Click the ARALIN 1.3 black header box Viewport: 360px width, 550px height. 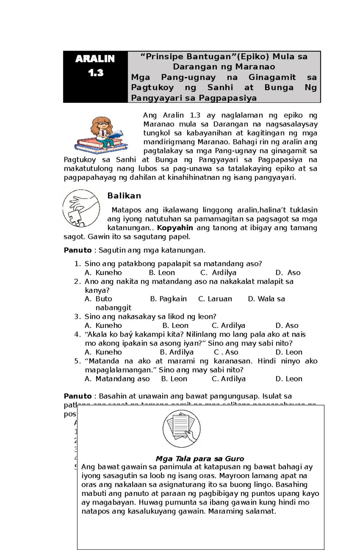click(95, 77)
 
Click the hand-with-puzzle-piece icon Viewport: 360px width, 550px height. click(81, 208)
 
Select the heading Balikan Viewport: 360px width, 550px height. click(124, 196)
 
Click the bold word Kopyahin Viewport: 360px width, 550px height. click(175, 228)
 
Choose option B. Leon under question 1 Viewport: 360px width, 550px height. click(162, 272)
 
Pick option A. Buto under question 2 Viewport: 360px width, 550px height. click(98, 299)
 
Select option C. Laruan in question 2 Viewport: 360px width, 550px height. click(215, 299)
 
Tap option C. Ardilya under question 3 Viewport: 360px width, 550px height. click(228, 326)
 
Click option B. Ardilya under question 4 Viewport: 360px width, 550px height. click(176, 352)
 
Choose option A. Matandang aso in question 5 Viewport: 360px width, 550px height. click(117, 379)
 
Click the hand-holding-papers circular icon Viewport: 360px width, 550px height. click(181, 429)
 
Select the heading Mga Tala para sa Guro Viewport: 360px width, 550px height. click(200, 459)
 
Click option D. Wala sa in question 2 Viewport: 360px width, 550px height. click(266, 299)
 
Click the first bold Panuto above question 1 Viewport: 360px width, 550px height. click(78, 250)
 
